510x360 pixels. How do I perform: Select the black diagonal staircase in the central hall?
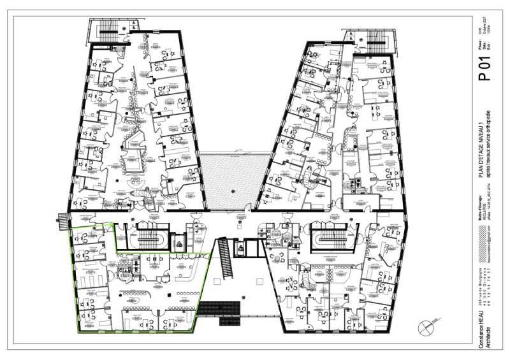point(225,257)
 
